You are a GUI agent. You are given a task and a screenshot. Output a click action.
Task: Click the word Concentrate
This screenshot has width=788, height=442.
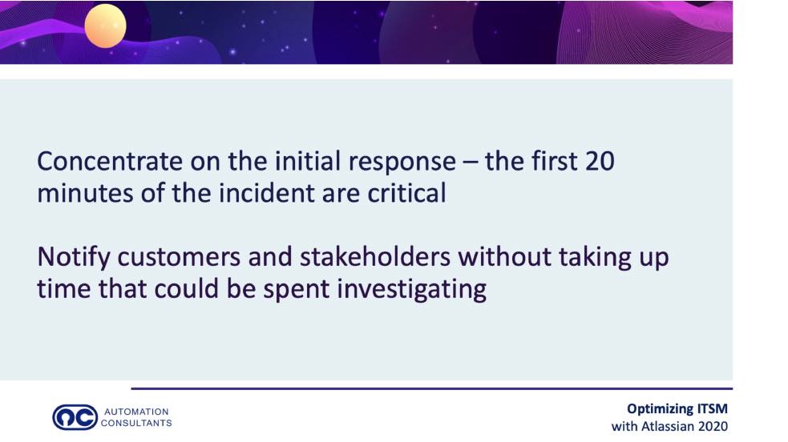coord(110,161)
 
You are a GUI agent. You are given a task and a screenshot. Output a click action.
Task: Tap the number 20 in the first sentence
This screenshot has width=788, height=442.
coord(600,161)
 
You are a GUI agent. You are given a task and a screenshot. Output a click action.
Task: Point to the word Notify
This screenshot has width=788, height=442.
coord(74,258)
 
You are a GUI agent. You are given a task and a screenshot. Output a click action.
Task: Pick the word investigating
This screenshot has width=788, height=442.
coord(411,290)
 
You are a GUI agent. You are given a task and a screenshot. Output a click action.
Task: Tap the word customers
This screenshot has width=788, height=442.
coord(179,258)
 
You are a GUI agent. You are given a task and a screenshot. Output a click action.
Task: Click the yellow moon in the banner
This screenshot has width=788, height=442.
coord(105,26)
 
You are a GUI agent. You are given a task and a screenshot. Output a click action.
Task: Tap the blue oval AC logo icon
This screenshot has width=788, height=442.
coord(75,417)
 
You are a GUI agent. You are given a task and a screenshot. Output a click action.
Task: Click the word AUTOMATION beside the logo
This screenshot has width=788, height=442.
coord(136,412)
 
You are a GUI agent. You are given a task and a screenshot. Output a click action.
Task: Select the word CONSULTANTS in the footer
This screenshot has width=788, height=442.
coord(136,423)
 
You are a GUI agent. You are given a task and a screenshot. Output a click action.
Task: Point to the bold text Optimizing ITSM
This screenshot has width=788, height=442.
coord(677,409)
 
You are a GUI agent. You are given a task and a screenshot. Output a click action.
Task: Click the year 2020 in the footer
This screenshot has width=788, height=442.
coord(713,427)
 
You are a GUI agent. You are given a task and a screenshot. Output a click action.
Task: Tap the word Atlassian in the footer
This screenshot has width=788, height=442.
coord(669,427)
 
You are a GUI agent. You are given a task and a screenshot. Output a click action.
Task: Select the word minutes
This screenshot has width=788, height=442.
coord(86,193)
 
